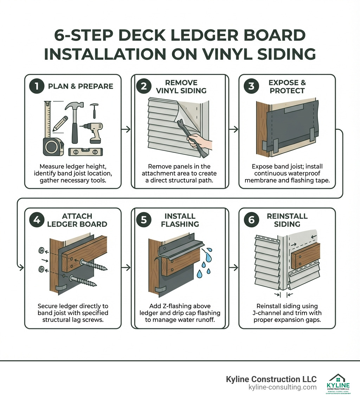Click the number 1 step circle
(x=36, y=86)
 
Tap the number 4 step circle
(x=36, y=220)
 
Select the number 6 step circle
(x=251, y=220)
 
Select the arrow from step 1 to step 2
(x=126, y=129)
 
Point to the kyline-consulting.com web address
(x=282, y=387)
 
